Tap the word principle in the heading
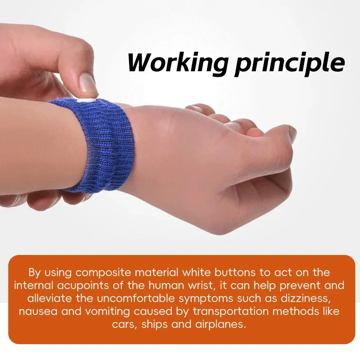[290, 63]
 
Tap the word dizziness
[308, 299]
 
